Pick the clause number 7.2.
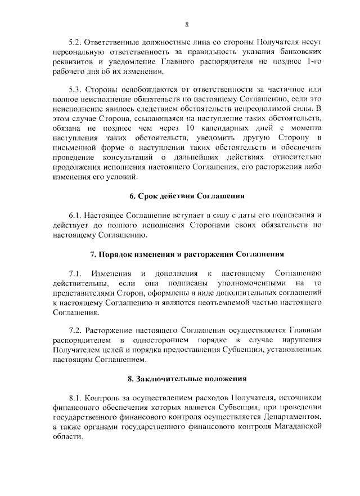[x=76, y=330]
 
